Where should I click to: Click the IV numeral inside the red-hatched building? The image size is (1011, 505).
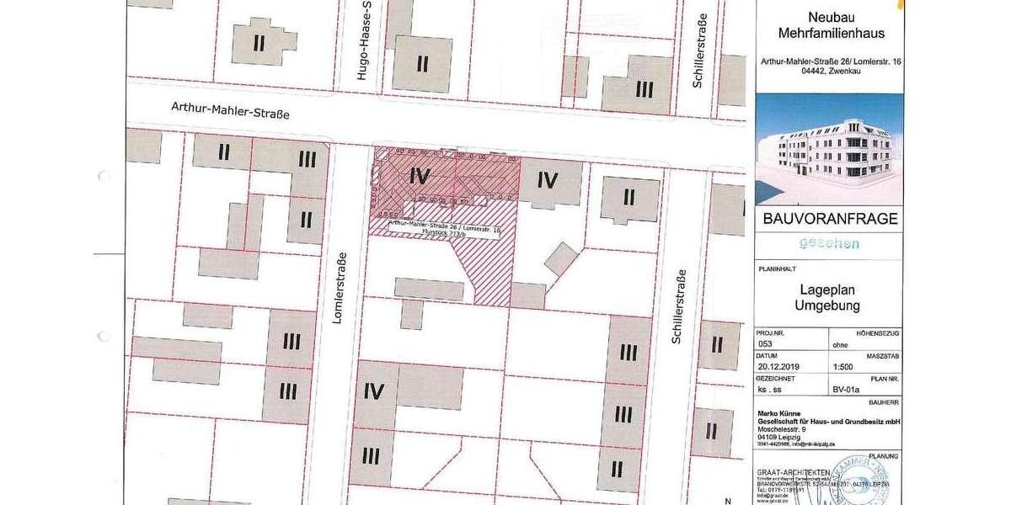(x=420, y=177)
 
